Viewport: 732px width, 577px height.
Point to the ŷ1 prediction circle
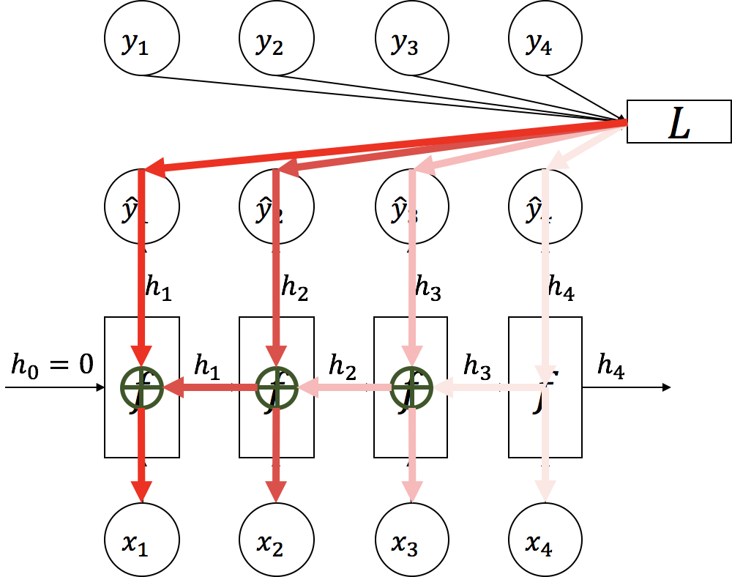tap(142, 208)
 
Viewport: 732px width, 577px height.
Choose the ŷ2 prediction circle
tap(277, 208)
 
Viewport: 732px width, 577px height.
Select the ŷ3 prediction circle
tap(411, 208)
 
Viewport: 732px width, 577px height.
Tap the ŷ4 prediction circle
tap(545, 208)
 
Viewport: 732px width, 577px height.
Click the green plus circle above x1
tap(142, 387)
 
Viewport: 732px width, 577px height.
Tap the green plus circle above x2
tap(277, 387)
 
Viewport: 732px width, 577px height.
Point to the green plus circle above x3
tap(411, 387)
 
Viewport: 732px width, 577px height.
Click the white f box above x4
tap(545, 387)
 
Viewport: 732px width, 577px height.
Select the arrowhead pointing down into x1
tap(142, 491)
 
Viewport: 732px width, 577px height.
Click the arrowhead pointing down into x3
tap(411, 491)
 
